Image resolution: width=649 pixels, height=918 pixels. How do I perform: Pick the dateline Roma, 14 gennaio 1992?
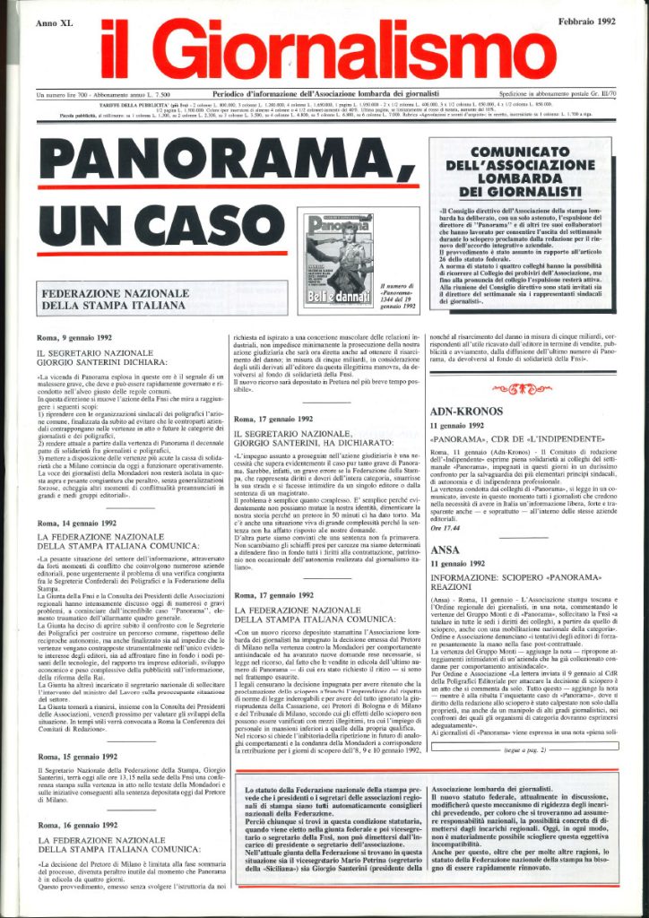[78, 522]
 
